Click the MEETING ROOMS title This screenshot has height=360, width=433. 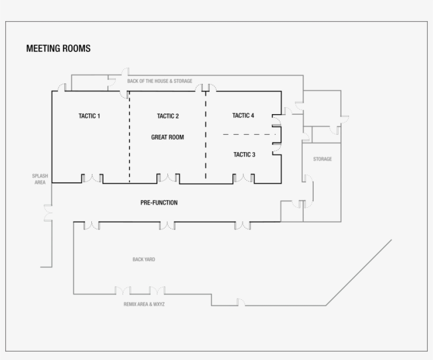[x=58, y=49]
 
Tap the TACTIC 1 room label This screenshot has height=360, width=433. [x=89, y=116]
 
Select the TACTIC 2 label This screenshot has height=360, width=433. [x=168, y=116]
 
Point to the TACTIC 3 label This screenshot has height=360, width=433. [x=244, y=154]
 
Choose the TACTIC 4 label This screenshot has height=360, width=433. [x=243, y=115]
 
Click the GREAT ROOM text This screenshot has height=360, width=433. [x=167, y=137]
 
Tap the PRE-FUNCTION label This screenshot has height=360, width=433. [x=159, y=202]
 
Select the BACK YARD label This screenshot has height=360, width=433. [x=144, y=260]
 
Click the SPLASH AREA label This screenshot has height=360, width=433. [x=40, y=179]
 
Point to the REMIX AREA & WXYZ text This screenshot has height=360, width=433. [x=144, y=304]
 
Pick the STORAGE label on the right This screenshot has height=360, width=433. [x=323, y=159]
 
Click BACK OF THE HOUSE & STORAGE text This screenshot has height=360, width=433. [x=160, y=81]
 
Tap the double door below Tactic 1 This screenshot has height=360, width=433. [x=92, y=178]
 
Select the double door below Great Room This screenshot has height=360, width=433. [x=168, y=178]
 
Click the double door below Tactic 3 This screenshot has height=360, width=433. [x=243, y=178]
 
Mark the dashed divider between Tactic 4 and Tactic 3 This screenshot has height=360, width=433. [x=249, y=134]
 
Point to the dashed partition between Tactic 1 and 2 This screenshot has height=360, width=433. [x=129, y=137]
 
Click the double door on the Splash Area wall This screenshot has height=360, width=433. [x=49, y=213]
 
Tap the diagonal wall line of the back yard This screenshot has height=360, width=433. [x=359, y=273]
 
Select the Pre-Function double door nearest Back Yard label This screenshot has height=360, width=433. [x=167, y=226]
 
